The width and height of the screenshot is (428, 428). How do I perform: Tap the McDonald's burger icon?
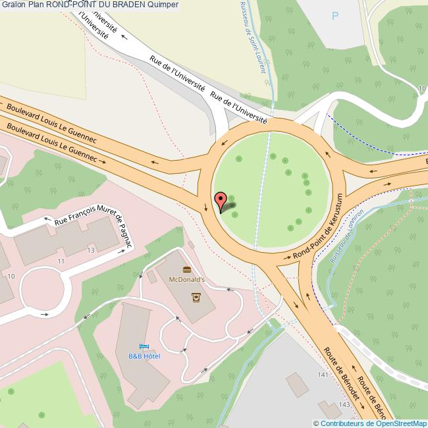point(187,269)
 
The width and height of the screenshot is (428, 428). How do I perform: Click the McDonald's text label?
point(187,279)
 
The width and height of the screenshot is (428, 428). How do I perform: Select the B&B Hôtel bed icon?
point(144,346)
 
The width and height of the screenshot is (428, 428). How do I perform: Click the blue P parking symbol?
point(336,16)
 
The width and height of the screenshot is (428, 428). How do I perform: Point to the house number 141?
point(322,375)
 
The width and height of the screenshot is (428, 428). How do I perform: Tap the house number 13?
point(91,251)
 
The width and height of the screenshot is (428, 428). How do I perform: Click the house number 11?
point(61,262)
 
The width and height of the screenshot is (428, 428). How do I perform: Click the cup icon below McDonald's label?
point(196,297)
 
